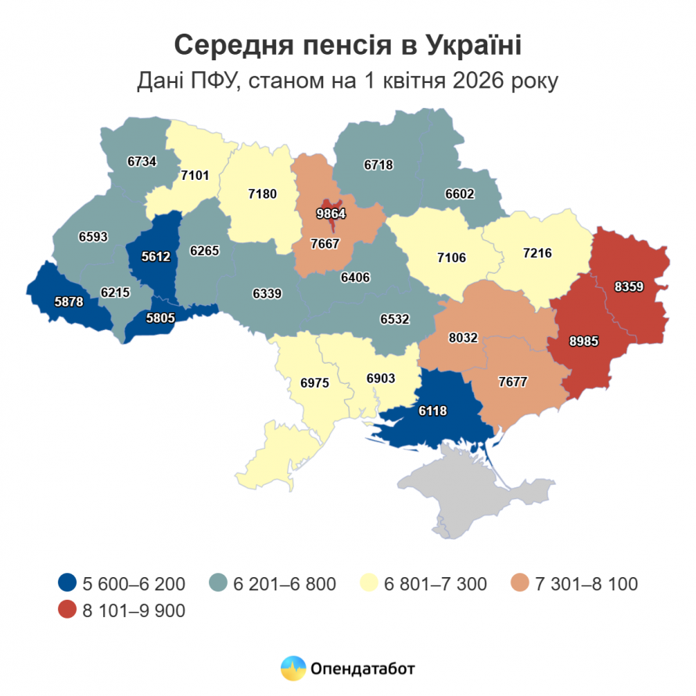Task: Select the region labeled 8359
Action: pyautogui.click(x=629, y=287)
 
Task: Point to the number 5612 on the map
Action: pyautogui.click(x=155, y=255)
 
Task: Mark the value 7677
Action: pyautogui.click(x=513, y=382)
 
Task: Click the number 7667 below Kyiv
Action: pyautogui.click(x=323, y=244)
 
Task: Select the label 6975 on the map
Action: pyautogui.click(x=315, y=384)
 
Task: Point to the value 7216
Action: pyautogui.click(x=537, y=253)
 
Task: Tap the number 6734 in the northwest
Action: pyautogui.click(x=142, y=162)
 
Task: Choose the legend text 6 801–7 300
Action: pyautogui.click(x=436, y=583)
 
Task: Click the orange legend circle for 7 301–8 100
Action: pyautogui.click(x=520, y=583)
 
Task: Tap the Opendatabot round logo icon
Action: pyautogui.click(x=293, y=668)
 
